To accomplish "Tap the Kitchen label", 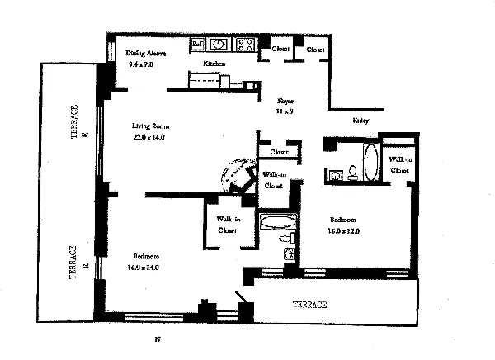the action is [x=215, y=64].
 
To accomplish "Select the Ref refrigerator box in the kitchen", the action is [x=197, y=45].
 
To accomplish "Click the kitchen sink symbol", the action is [x=220, y=45].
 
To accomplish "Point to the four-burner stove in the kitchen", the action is [x=245, y=45].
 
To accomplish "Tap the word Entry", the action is [x=361, y=121].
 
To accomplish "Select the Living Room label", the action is [x=150, y=126].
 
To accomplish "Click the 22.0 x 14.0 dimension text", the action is [x=149, y=138].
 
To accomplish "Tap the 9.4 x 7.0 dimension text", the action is [x=140, y=64].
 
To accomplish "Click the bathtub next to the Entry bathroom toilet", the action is [x=370, y=162].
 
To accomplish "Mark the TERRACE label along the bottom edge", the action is [x=310, y=305].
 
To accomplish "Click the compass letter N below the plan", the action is [x=157, y=340].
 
